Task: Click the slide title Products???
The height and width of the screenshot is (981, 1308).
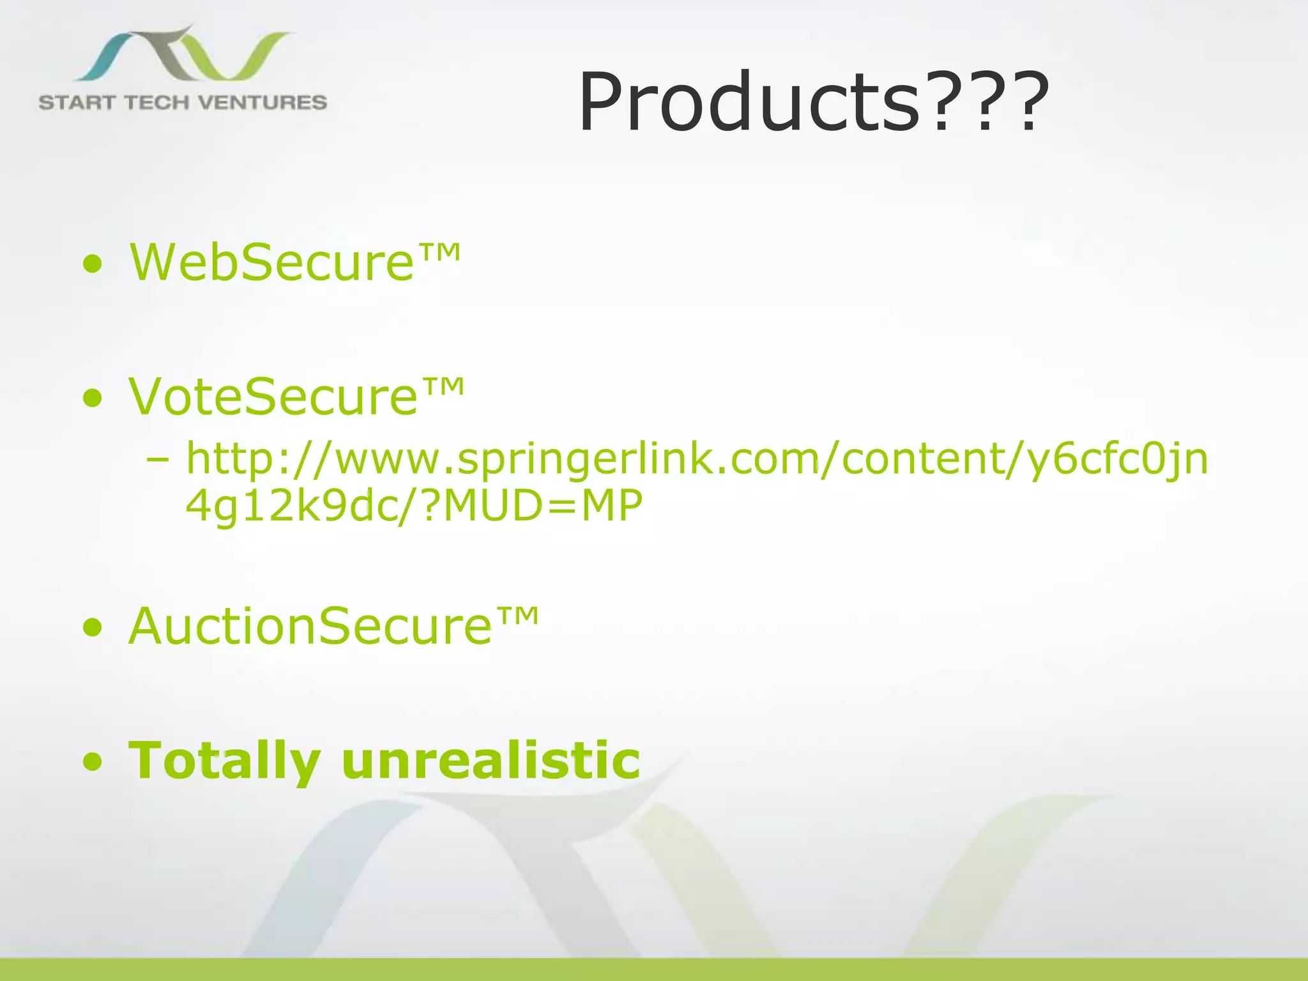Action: pos(812,102)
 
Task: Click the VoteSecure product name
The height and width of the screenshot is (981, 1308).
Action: pos(273,397)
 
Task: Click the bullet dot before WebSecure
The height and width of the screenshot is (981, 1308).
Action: pos(93,264)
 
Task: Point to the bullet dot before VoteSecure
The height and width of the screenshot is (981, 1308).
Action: pos(93,399)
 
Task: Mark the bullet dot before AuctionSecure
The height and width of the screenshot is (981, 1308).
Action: pos(93,628)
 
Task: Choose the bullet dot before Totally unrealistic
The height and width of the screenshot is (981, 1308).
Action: pos(93,762)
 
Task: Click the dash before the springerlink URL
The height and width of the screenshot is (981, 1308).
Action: pos(158,460)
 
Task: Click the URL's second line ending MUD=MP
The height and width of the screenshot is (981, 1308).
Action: pos(414,506)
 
